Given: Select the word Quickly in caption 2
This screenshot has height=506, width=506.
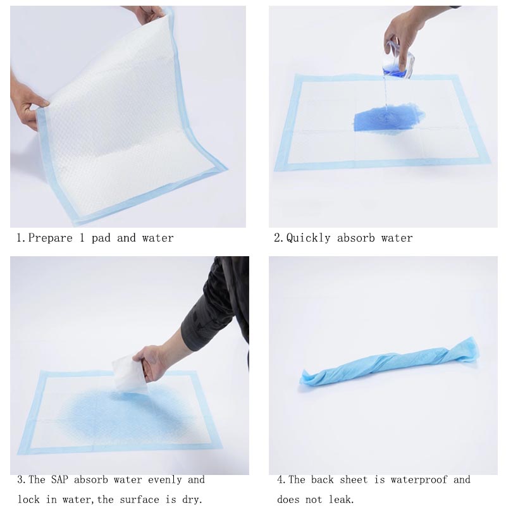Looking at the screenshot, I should point(308,238).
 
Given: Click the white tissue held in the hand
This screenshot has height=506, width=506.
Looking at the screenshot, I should point(130,376).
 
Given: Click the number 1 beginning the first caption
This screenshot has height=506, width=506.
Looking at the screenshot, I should point(20,238).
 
